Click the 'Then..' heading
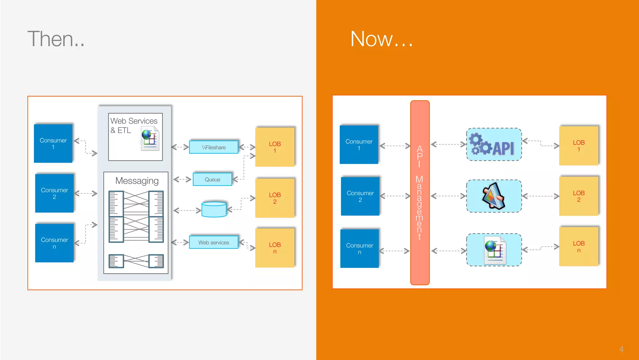pos(56,39)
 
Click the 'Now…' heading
pos(381,39)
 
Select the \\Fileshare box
pos(214,147)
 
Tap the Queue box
pos(212,180)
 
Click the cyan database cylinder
pos(214,209)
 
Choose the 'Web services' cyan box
pos(214,243)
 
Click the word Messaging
pos(137,181)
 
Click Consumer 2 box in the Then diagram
pos(54,193)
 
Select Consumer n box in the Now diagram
pos(359,249)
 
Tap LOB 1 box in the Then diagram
pos(275,147)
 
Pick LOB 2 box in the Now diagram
pos(578,196)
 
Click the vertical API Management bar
pos(420,193)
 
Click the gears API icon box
pos(494,145)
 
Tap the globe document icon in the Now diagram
pos(495,250)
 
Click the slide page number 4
pos(621,349)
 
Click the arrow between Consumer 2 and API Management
pos(395,196)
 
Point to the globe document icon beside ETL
pos(150,138)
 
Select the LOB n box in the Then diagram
pos(275,248)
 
